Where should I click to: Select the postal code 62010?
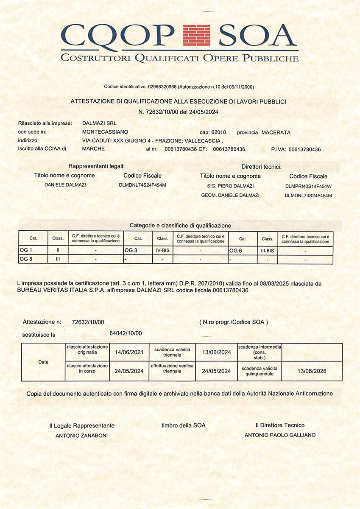click(218, 132)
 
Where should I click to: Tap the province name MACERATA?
click(276, 132)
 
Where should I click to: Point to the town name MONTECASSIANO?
click(105, 132)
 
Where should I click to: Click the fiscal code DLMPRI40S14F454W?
click(308, 186)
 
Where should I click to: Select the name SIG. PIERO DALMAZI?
click(230, 186)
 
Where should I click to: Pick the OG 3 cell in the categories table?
click(131, 251)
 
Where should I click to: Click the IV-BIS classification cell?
click(162, 251)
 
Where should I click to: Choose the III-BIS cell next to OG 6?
click(267, 251)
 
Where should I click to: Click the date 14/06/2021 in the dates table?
click(129, 352)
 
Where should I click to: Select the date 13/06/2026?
click(312, 371)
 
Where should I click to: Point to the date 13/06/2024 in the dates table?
click(216, 352)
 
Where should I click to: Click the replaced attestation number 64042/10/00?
click(126, 333)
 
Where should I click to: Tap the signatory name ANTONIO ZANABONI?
click(82, 435)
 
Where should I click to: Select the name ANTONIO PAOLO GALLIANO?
click(280, 435)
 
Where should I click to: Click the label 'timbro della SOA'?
click(183, 425)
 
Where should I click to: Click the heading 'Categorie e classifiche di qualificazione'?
click(180, 225)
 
